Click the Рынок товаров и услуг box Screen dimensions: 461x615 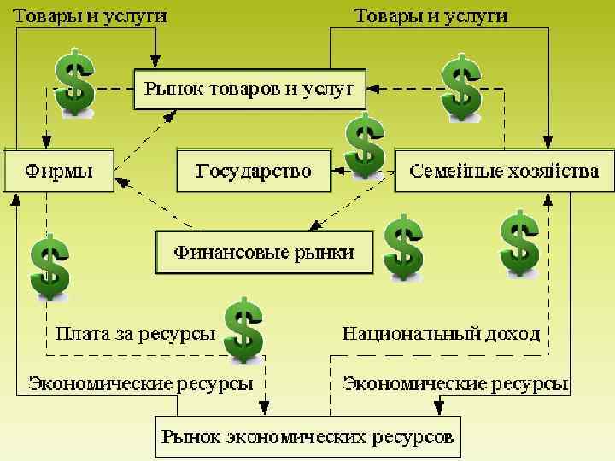[249, 88]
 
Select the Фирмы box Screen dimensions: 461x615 [59, 171]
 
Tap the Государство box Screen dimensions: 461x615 [254, 171]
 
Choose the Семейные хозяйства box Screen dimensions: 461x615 [504, 171]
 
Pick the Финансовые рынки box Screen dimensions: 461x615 [264, 253]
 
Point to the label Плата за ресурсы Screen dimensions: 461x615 [135, 334]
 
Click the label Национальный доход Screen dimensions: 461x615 [441, 334]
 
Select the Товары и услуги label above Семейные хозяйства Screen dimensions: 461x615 [431, 16]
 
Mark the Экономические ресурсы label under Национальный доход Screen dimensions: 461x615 [455, 383]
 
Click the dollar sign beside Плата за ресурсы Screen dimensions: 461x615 [243, 330]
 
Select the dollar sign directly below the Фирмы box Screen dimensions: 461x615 [50, 266]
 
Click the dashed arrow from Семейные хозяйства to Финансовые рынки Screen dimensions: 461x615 [354, 201]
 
